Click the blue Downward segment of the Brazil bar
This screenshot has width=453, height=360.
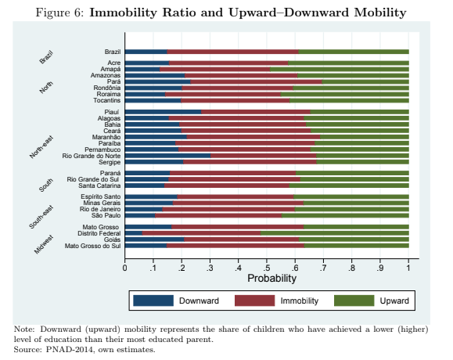coord(146,52)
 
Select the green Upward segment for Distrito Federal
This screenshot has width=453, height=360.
coord(335,233)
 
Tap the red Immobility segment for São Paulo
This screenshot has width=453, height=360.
coord(218,215)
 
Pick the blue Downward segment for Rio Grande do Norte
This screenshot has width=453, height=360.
coord(168,156)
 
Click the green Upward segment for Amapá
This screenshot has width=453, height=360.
coord(340,69)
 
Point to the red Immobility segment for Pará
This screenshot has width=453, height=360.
coord(257,81)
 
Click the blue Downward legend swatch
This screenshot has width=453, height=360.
coord(153,301)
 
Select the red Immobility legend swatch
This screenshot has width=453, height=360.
coord(254,301)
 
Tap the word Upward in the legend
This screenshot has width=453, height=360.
coord(394,301)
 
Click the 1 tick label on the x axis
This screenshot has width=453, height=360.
coord(408,268)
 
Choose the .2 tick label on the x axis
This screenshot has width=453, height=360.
coord(182,268)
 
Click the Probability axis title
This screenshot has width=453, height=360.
coord(271,279)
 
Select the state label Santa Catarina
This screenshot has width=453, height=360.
coord(99,185)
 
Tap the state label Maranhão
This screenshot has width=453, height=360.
coord(106,137)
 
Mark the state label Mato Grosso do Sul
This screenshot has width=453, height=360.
coord(93,246)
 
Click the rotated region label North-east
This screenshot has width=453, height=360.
coord(41,147)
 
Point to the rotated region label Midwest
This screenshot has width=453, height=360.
coord(44,245)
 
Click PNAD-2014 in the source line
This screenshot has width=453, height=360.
coord(70,350)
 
